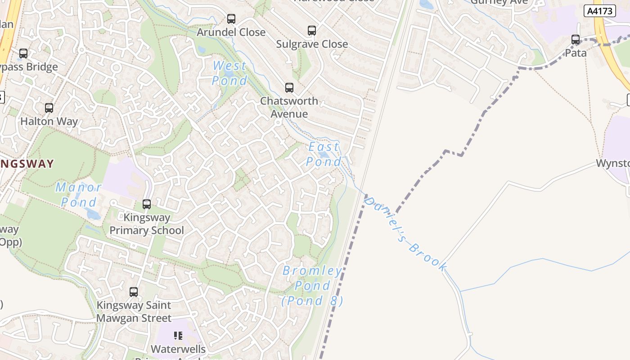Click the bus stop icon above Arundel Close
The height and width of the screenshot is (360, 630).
point(231,19)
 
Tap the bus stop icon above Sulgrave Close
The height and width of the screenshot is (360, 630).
point(312,31)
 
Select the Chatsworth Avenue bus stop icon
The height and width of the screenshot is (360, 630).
point(289,88)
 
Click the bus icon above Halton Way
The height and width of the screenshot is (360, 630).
point(49,108)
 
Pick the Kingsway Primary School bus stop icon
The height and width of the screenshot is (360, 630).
point(147,204)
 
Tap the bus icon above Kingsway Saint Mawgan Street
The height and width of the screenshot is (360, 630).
point(134,292)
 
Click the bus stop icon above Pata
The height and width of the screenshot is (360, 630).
point(576,40)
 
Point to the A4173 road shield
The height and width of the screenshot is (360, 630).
point(599,11)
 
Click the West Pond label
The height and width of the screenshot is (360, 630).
point(229,73)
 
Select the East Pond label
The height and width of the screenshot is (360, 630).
point(324,154)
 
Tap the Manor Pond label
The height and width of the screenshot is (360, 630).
point(79,194)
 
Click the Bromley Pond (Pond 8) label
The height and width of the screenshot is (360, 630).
point(312,286)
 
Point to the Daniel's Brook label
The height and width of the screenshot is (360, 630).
point(405,234)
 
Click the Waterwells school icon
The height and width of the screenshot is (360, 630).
point(178,336)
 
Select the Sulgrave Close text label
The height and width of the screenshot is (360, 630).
point(312,44)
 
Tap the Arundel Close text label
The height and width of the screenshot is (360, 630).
point(231,32)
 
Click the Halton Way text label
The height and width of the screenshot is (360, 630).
point(49,121)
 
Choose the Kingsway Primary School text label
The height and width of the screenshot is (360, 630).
point(147,224)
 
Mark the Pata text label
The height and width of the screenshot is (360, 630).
point(576,53)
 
